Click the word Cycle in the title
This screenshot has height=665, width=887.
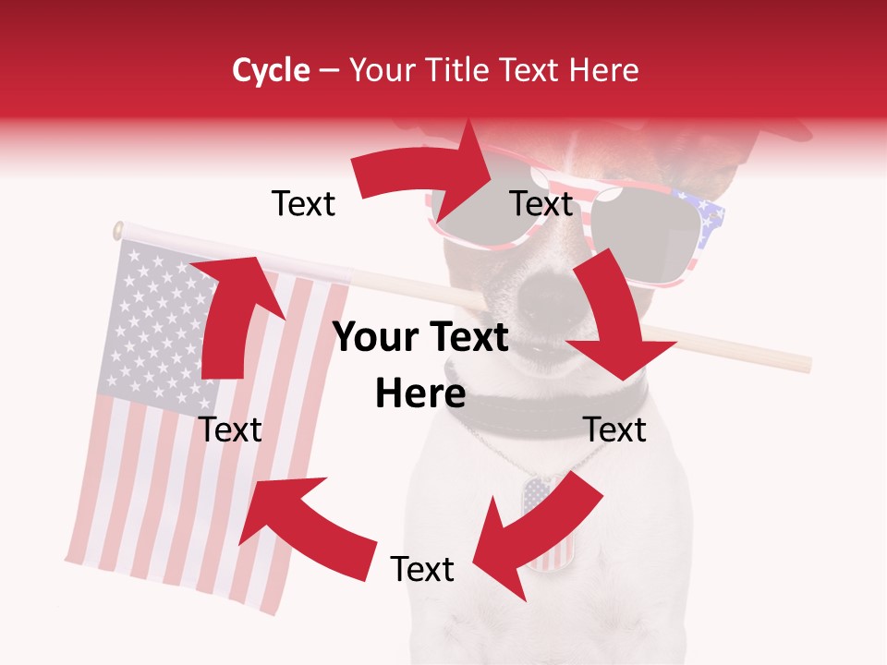271,70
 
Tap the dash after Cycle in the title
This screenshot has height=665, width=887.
329,71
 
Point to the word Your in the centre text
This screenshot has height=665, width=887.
374,338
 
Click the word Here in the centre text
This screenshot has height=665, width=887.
419,394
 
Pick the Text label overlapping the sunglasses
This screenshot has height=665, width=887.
541,203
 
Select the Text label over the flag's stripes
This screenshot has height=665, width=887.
231,429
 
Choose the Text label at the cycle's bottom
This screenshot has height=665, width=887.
422,569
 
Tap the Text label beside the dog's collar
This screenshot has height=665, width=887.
614,429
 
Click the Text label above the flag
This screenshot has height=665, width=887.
303,203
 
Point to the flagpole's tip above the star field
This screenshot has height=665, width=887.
118,229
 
